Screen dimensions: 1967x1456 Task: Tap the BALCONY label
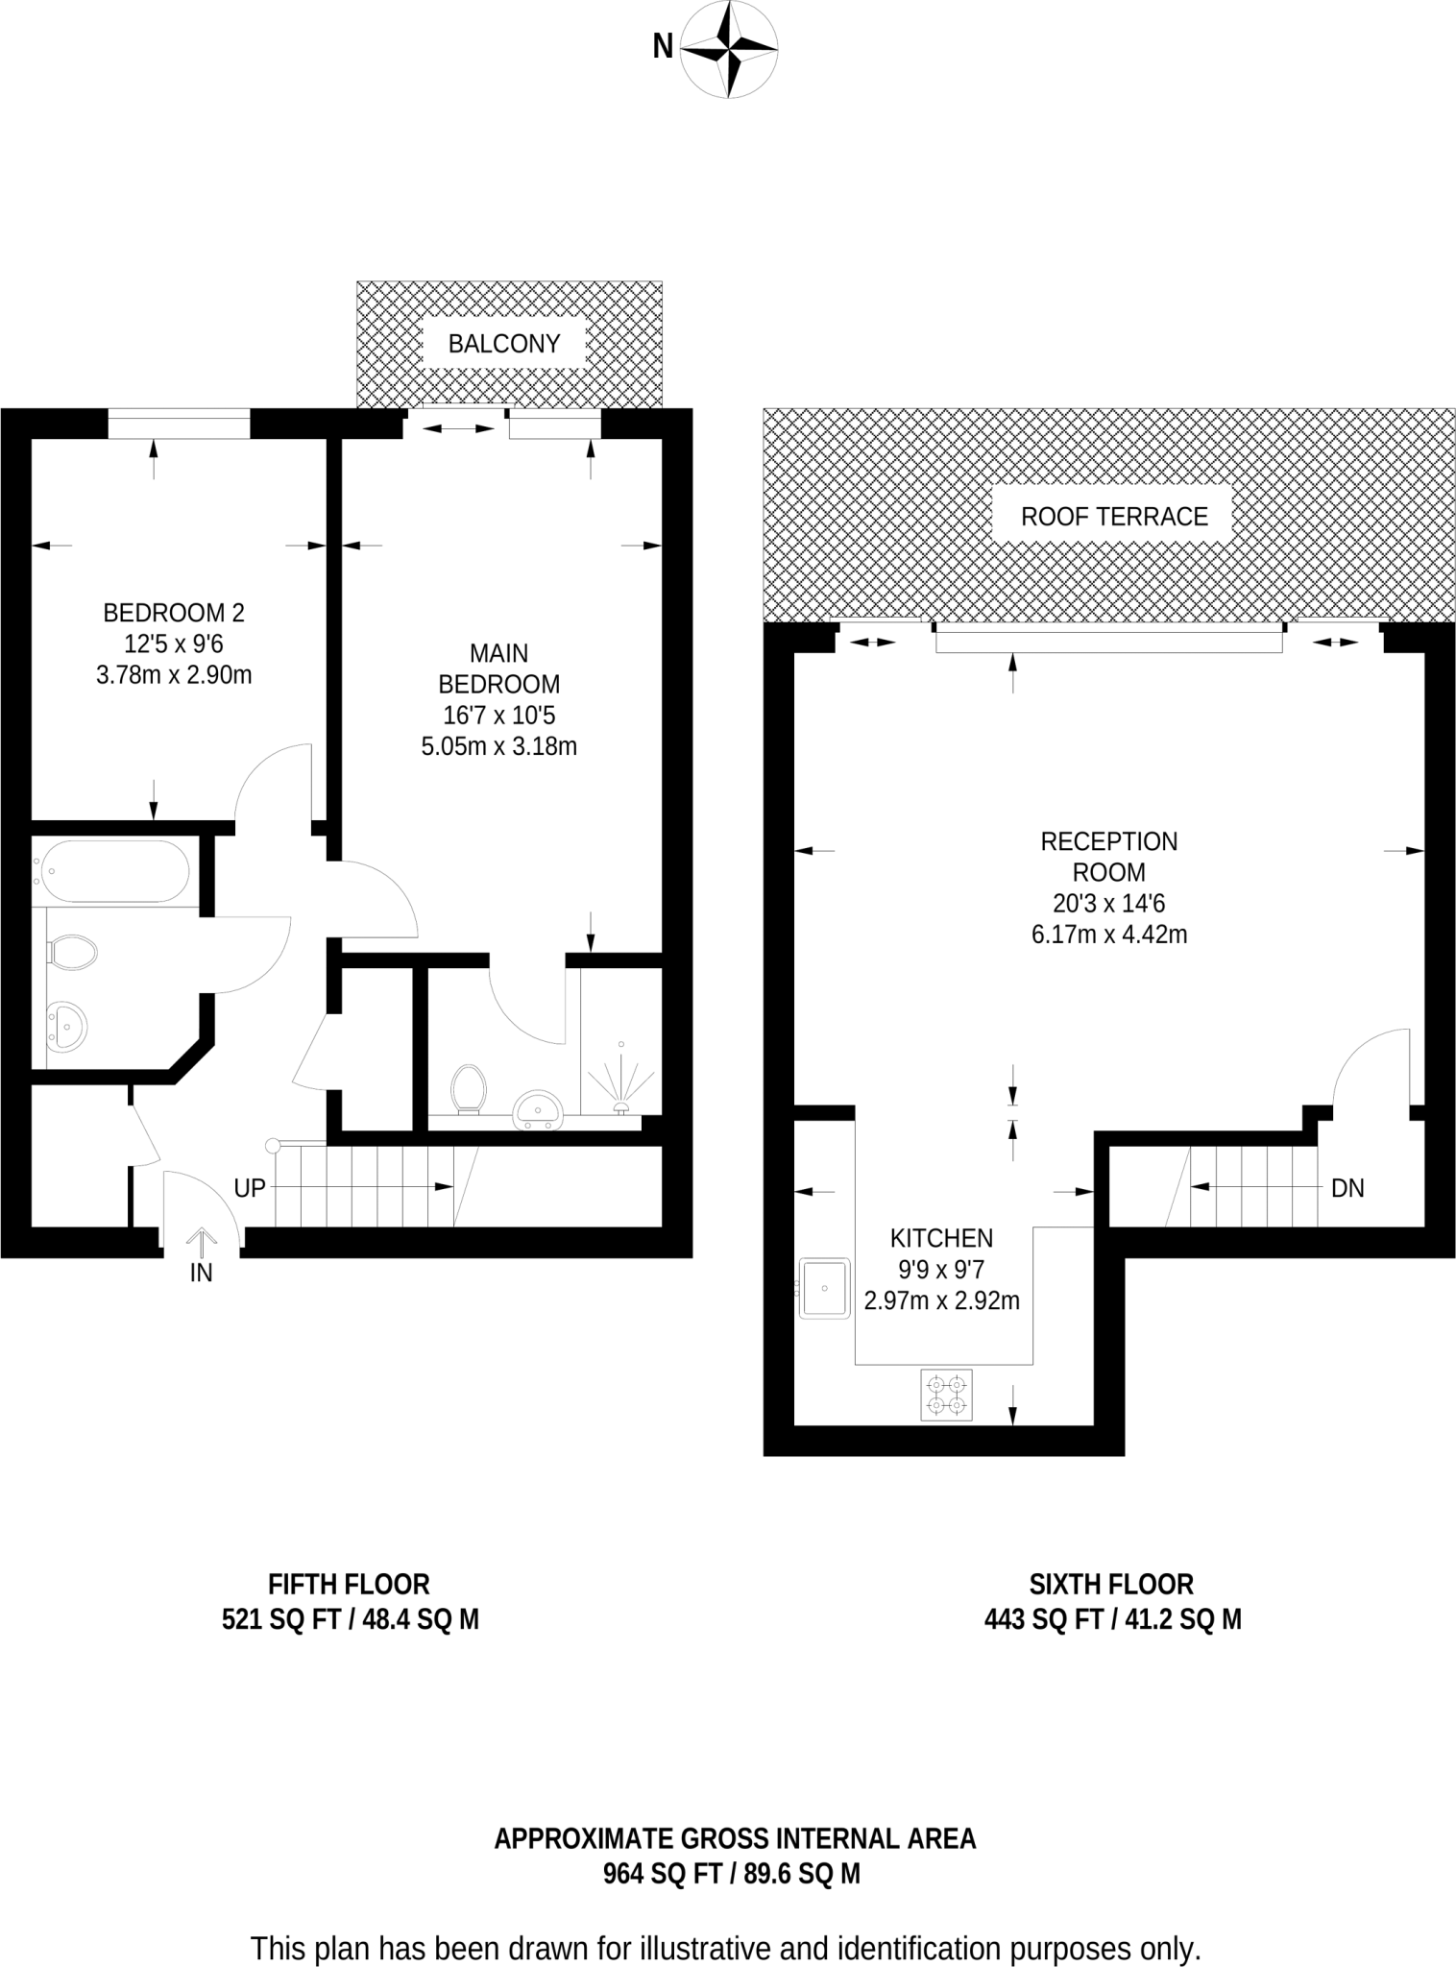click(504, 344)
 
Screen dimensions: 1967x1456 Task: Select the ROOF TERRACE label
click(1114, 517)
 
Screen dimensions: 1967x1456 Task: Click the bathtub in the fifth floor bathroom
click(112, 872)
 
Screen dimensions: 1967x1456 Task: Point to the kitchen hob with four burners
click(946, 1395)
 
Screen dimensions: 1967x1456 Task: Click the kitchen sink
click(825, 1288)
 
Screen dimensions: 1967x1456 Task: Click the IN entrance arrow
click(201, 1244)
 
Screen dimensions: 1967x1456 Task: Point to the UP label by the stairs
click(250, 1188)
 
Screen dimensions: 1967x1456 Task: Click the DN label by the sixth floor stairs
click(1347, 1188)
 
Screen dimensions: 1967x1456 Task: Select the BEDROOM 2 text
click(174, 612)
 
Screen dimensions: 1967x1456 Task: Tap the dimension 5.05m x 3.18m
click(499, 746)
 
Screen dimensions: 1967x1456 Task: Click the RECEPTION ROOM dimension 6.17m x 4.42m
click(1109, 935)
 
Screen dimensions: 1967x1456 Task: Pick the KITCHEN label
click(941, 1238)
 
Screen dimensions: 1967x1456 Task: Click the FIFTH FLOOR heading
click(349, 1584)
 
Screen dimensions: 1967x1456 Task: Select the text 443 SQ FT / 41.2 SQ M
click(1112, 1619)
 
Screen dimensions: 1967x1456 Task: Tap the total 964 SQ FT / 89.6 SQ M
click(732, 1873)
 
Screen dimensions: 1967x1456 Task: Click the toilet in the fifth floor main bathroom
click(73, 953)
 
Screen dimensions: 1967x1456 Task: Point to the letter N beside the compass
click(663, 46)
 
